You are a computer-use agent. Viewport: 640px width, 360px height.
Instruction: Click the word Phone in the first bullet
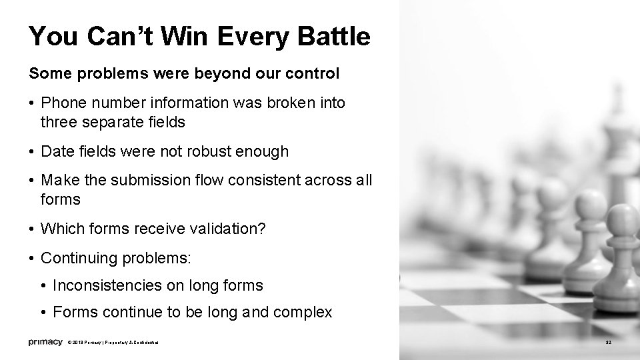(61, 103)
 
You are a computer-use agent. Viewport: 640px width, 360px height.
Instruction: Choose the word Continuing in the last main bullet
(74, 258)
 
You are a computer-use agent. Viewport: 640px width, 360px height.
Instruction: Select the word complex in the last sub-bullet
(307, 312)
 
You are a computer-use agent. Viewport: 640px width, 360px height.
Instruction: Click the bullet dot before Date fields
(32, 152)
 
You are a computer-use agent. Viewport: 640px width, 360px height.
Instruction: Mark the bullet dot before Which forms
(32, 229)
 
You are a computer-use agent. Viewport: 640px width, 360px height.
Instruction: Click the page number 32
(607, 343)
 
